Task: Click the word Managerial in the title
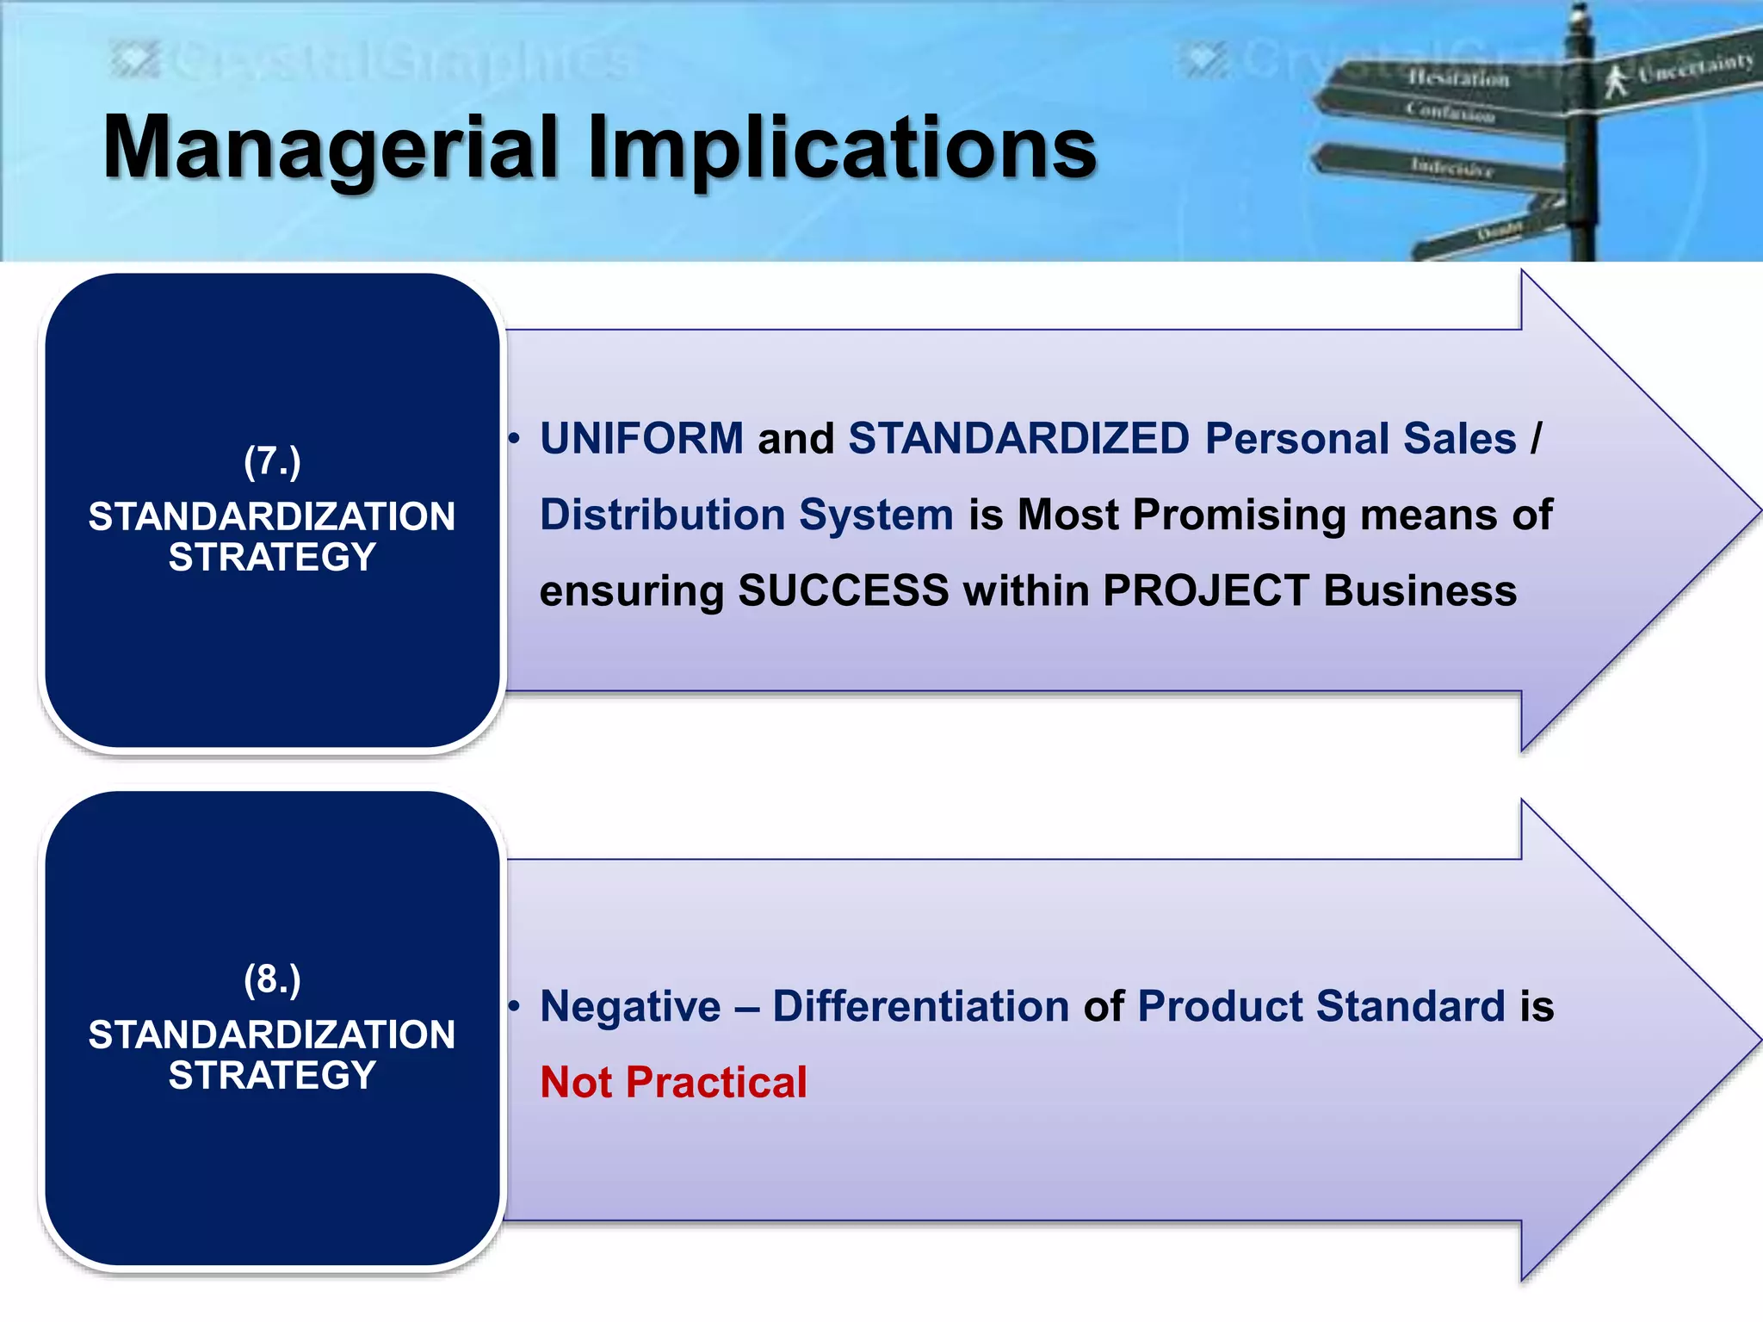click(331, 148)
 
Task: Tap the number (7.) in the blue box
click(272, 461)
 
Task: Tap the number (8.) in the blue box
click(272, 979)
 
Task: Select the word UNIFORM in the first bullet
click(641, 438)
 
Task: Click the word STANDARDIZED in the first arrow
click(1018, 438)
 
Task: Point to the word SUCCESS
click(843, 590)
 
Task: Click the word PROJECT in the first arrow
click(1205, 590)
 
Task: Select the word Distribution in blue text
click(662, 515)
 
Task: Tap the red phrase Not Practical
click(673, 1082)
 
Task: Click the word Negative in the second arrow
click(630, 1006)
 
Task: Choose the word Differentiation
click(920, 1006)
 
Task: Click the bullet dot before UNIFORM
click(514, 440)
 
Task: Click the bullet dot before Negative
click(514, 1006)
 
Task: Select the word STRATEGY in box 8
click(272, 1075)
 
